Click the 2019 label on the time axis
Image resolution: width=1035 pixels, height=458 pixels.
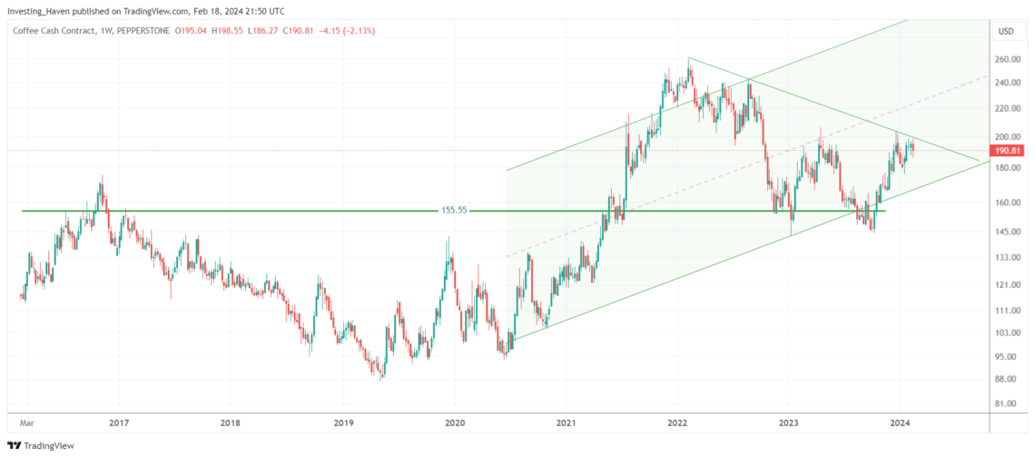pyautogui.click(x=343, y=423)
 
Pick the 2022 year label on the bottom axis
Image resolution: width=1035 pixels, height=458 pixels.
pyautogui.click(x=676, y=423)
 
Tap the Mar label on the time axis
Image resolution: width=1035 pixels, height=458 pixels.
pyautogui.click(x=27, y=423)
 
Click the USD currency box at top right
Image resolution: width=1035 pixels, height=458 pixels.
pyautogui.click(x=1006, y=31)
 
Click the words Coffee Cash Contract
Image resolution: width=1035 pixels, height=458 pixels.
pyautogui.click(x=56, y=31)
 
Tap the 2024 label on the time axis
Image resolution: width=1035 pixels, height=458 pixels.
pyautogui.click(x=899, y=423)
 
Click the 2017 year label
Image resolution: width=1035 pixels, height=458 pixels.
pyautogui.click(x=119, y=423)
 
